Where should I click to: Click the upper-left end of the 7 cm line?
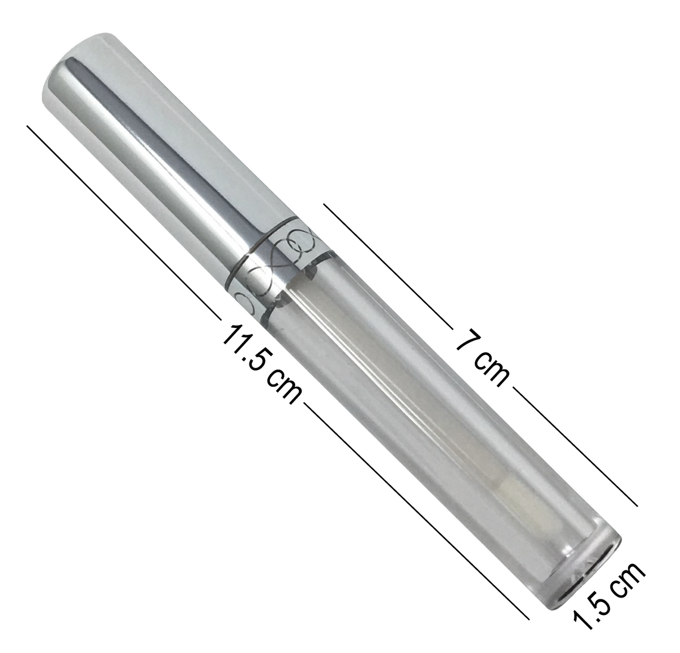tap(325, 203)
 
